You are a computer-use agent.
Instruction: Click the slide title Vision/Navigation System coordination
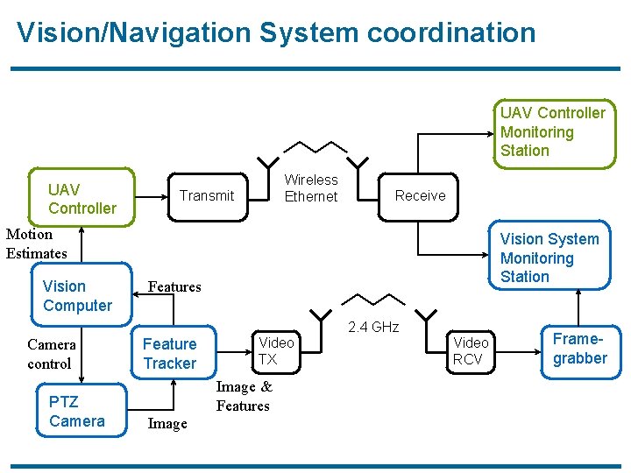pyautogui.click(x=276, y=32)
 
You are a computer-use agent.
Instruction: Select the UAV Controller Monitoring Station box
pyautogui.click(x=552, y=131)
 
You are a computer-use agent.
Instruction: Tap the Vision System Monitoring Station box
pyautogui.click(x=549, y=258)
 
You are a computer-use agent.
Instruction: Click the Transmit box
pyautogui.click(x=207, y=195)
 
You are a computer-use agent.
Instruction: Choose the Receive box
pyautogui.click(x=420, y=195)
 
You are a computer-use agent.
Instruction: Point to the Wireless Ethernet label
pyautogui.click(x=311, y=188)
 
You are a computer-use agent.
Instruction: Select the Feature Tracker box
pyautogui.click(x=170, y=353)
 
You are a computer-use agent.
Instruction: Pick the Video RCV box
pyautogui.click(x=471, y=350)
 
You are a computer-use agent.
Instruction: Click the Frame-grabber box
pyautogui.click(x=579, y=349)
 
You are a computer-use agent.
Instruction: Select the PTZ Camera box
pyautogui.click(x=77, y=412)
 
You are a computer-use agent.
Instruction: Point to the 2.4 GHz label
pyautogui.click(x=373, y=328)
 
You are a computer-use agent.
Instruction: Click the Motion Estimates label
pyautogui.click(x=36, y=244)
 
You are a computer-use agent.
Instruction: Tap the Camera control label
pyautogui.click(x=50, y=354)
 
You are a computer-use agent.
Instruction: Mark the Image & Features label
pyautogui.click(x=244, y=396)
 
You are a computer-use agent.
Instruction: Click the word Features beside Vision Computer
pyautogui.click(x=174, y=286)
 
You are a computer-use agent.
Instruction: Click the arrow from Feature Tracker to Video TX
pyautogui.click(x=227, y=350)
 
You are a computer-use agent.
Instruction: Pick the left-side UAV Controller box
pyautogui.click(x=82, y=199)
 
